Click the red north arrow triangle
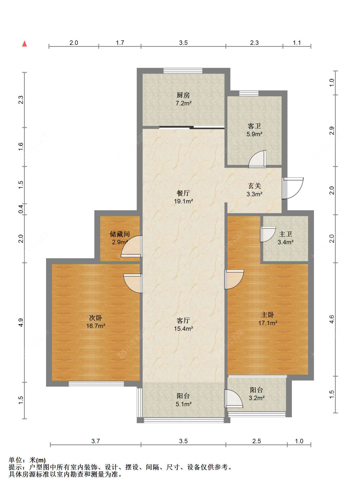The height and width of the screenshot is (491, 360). [25, 44]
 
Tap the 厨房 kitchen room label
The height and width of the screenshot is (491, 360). [183, 95]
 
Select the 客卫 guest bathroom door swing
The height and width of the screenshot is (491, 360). [257, 159]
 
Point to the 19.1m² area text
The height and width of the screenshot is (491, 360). [183, 201]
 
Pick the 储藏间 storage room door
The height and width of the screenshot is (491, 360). [132, 246]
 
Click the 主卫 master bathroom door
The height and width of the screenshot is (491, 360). [268, 234]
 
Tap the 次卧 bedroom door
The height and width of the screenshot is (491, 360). [133, 283]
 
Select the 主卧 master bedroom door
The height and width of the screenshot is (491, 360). [234, 280]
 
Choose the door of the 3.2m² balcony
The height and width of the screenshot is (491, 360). [234, 399]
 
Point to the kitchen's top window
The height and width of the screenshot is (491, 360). [183, 71]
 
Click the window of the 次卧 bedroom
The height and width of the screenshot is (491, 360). [96, 384]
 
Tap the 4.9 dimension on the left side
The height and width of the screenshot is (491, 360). [20, 323]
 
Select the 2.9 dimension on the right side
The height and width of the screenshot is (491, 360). [332, 131]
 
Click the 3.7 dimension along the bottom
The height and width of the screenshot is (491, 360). [96, 441]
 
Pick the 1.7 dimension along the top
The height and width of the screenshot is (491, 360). [120, 43]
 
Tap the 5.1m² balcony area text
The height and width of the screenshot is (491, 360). [184, 404]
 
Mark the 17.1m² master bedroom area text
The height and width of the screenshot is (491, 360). [268, 323]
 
